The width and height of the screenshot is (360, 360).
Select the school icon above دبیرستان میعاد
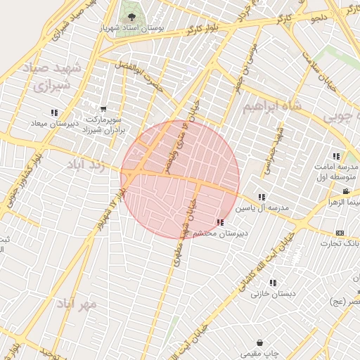tap(54, 112)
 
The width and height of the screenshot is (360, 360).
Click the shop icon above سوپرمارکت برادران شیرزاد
tap(103, 109)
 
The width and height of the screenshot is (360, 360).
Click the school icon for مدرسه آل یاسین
tap(262, 197)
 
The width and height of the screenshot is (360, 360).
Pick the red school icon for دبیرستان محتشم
tap(221, 222)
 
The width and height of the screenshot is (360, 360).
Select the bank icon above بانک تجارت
tap(340, 233)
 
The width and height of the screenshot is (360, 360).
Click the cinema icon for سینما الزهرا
tap(345, 191)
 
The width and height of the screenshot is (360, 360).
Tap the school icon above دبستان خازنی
tap(272, 283)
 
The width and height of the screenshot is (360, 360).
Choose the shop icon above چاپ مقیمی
tap(260, 342)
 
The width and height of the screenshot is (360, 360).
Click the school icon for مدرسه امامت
tap(336, 156)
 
